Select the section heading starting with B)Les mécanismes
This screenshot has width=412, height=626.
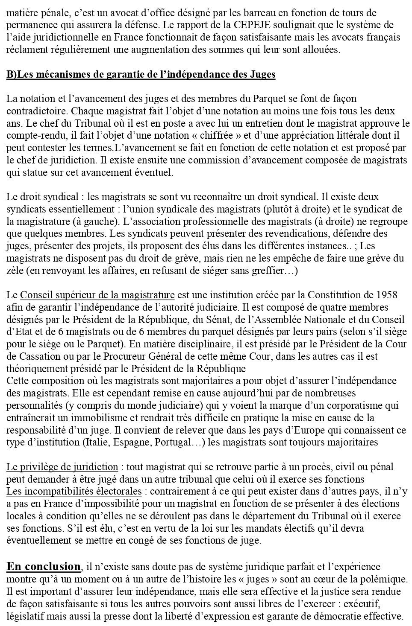[x=141, y=75]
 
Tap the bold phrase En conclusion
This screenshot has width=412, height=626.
[x=44, y=567]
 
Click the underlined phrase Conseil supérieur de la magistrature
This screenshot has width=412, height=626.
[x=97, y=295]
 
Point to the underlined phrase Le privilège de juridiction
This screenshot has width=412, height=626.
[x=62, y=467]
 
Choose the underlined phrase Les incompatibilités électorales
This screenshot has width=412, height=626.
[x=74, y=492]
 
